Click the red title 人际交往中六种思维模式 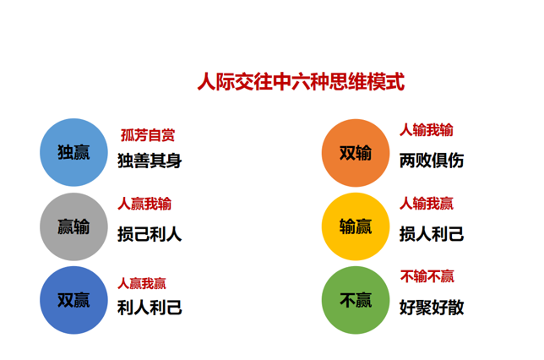(x=301, y=82)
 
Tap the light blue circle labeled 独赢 (x=73, y=152)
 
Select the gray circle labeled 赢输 (x=73, y=226)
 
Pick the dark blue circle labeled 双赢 (x=73, y=300)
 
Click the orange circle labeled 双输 (x=356, y=153)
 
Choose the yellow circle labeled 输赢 (x=356, y=226)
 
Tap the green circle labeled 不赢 (x=356, y=300)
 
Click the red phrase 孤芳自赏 (x=148, y=135)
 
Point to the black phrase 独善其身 (x=150, y=161)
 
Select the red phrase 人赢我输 (x=144, y=204)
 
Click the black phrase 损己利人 (x=150, y=234)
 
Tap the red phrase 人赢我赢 (x=142, y=284)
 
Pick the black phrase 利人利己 (x=150, y=308)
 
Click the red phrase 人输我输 (x=427, y=130)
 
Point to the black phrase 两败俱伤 (x=432, y=161)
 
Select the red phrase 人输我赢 (x=427, y=204)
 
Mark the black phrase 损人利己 (x=432, y=233)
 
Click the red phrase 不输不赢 (x=427, y=276)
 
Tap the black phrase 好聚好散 (x=432, y=308)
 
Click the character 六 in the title (x=301, y=82)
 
